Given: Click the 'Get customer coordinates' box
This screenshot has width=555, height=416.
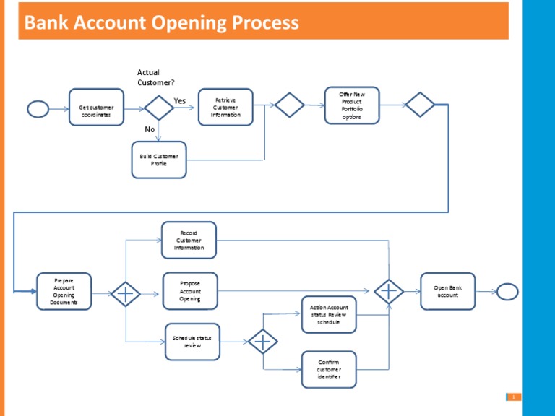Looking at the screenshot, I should coord(96,107).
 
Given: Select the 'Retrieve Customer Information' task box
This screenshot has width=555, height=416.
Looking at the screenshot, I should coord(225,107).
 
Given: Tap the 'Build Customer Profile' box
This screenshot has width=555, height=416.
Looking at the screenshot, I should coord(159,160).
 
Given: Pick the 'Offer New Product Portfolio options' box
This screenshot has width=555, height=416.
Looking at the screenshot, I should coord(352,105).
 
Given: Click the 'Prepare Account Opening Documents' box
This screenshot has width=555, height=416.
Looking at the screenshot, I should coord(64,291).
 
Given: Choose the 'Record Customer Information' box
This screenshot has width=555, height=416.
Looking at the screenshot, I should coord(189,240).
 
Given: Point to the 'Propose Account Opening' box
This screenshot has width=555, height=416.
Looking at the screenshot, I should coord(190,291).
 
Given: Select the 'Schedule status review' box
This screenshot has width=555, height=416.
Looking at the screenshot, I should coord(192,342).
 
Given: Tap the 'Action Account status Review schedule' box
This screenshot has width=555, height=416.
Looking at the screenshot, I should coord(329,314).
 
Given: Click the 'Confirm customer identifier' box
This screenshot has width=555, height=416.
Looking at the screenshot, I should coord(329,368).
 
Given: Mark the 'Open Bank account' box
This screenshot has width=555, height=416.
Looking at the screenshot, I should coord(448,291).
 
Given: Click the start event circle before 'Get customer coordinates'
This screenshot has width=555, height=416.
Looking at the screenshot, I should coord(38,108).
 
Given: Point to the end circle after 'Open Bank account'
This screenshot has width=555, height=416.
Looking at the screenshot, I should coord(507,291).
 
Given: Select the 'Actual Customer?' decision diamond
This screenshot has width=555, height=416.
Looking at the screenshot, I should coord(158,107).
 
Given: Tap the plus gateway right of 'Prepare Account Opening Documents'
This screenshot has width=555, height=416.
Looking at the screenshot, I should coord(126,292).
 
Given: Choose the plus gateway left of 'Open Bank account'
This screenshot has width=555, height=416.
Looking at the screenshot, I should coord(389,292).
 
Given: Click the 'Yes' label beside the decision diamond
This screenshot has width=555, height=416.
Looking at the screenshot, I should coord(180,101).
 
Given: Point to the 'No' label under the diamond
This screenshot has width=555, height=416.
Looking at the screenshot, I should coord(150,130).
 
